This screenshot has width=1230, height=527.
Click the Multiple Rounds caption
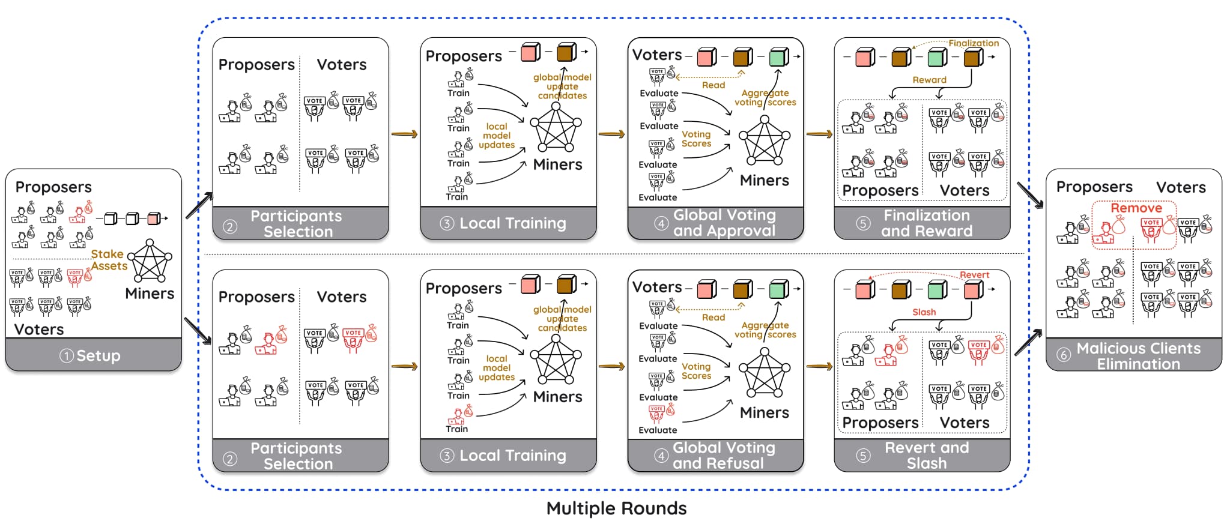(x=616, y=508)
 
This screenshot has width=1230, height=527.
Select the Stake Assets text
(x=109, y=260)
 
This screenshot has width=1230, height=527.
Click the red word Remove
(x=1136, y=208)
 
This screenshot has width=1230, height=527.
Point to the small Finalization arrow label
(x=973, y=43)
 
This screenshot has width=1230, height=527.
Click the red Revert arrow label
(x=974, y=275)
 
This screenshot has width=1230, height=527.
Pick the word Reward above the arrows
(x=929, y=80)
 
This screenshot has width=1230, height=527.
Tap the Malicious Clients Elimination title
(x=1138, y=356)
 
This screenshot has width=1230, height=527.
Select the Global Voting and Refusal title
(x=723, y=456)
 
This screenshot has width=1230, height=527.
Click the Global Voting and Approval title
(x=724, y=223)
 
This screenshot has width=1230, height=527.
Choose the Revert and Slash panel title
(x=926, y=456)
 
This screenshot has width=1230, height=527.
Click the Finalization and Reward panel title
(x=926, y=223)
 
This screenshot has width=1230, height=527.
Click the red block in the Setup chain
(x=154, y=218)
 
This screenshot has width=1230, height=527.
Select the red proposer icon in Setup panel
(x=79, y=212)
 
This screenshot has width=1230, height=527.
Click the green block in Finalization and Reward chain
(x=936, y=58)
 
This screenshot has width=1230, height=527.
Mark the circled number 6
(x=1063, y=355)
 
